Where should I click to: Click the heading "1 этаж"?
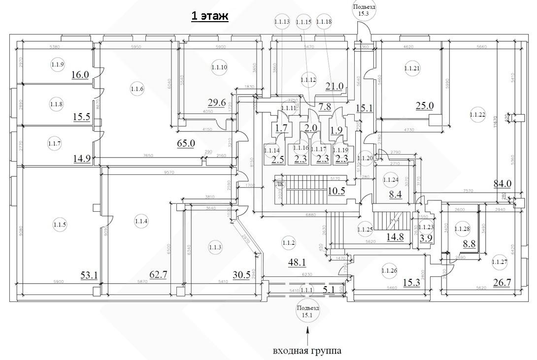pyautogui.click(x=210, y=16)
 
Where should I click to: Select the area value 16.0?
pyautogui.click(x=80, y=75)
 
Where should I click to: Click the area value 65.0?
pyautogui.click(x=186, y=143)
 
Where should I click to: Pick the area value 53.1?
pyautogui.click(x=89, y=275)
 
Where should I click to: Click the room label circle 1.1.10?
pyautogui.click(x=219, y=67)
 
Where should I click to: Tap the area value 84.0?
pyautogui.click(x=503, y=184)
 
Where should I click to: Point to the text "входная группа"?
pyautogui.click(x=307, y=351)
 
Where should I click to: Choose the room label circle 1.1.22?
pyautogui.click(x=477, y=115)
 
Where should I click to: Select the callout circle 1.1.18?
pyautogui.click(x=324, y=22)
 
